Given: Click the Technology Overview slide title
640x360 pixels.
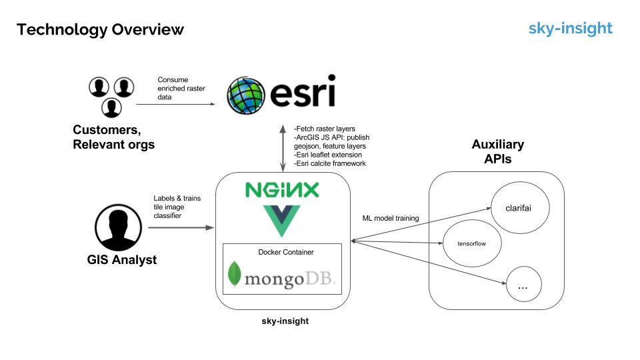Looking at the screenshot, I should click(x=100, y=29).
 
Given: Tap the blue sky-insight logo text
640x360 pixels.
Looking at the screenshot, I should click(x=570, y=28).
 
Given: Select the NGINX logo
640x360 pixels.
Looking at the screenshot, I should click(x=282, y=190).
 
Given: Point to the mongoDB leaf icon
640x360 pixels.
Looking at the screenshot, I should click(x=235, y=275).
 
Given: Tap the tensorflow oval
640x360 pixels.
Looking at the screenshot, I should click(x=471, y=243).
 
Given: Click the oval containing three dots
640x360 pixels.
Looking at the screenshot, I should click(x=523, y=285).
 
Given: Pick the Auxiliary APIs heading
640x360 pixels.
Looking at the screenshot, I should click(x=497, y=151).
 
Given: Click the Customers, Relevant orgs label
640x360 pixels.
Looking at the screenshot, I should click(x=113, y=136).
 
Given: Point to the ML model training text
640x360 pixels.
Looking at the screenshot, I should click(x=389, y=218).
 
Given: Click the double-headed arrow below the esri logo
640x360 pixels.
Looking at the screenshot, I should click(x=282, y=146).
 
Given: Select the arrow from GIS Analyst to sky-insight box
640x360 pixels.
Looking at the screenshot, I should click(x=180, y=228).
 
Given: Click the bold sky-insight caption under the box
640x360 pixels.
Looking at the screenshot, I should click(x=285, y=321).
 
